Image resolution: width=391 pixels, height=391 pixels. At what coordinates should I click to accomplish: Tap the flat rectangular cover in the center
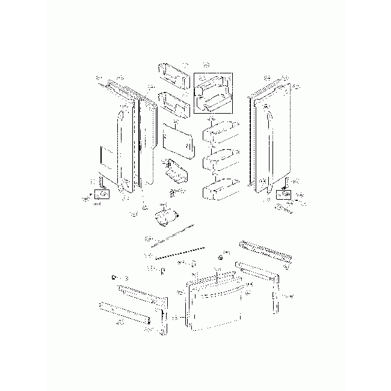click(x=176, y=140)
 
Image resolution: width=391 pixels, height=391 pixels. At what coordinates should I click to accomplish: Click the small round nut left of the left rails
click(x=113, y=277)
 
